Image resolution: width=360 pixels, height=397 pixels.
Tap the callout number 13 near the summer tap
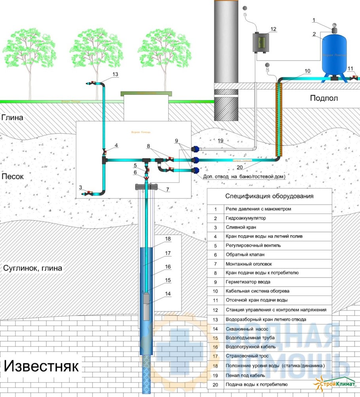coord(115,74)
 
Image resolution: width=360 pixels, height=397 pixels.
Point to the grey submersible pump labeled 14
coord(147,306)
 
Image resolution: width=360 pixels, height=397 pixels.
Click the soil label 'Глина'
coord(12,117)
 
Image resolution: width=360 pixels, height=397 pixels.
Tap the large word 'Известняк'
coord(42,365)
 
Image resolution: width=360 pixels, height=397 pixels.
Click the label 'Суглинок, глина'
coord(32,268)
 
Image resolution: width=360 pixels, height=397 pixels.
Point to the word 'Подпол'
coord(324,98)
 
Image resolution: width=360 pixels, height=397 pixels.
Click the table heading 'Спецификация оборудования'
coord(269,196)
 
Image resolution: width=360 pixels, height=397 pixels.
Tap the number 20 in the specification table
coord(215,384)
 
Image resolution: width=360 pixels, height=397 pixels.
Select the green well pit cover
coord(147,94)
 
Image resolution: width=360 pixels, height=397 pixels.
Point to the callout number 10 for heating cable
coord(307,71)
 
